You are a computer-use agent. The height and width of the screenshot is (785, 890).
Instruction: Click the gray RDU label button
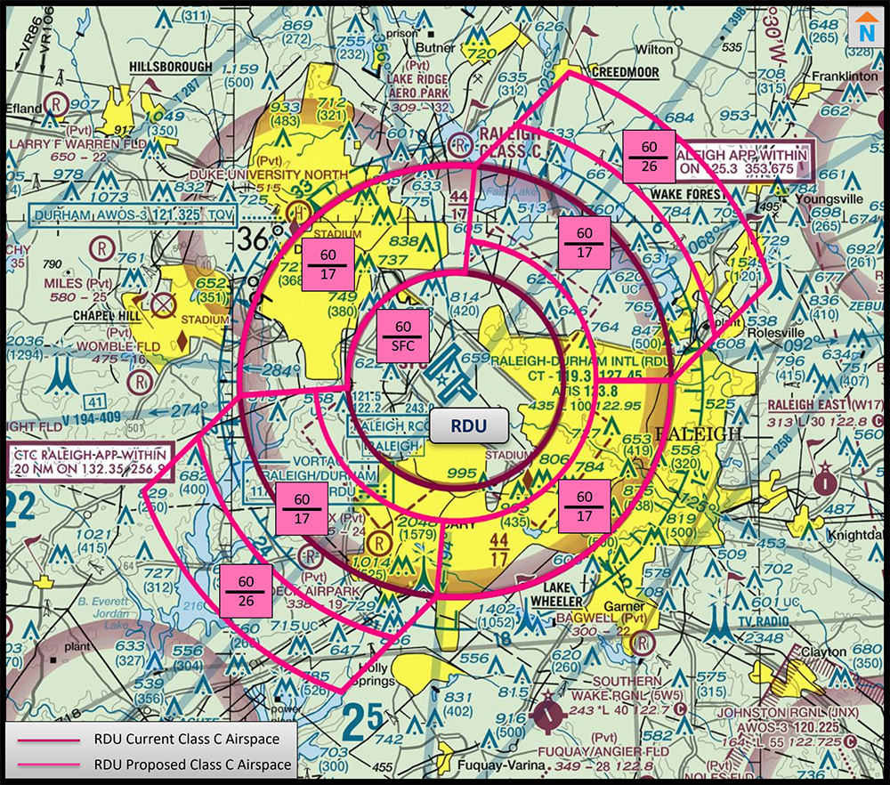click(x=468, y=426)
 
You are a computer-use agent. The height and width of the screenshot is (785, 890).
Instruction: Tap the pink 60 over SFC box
click(x=403, y=337)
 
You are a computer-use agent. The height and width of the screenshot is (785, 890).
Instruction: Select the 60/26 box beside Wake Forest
click(x=649, y=157)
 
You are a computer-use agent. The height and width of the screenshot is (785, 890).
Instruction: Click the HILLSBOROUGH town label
click(x=171, y=67)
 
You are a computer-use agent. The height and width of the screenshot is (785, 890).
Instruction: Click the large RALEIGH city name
click(x=698, y=433)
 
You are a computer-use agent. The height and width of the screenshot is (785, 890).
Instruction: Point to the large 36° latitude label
click(x=259, y=239)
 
